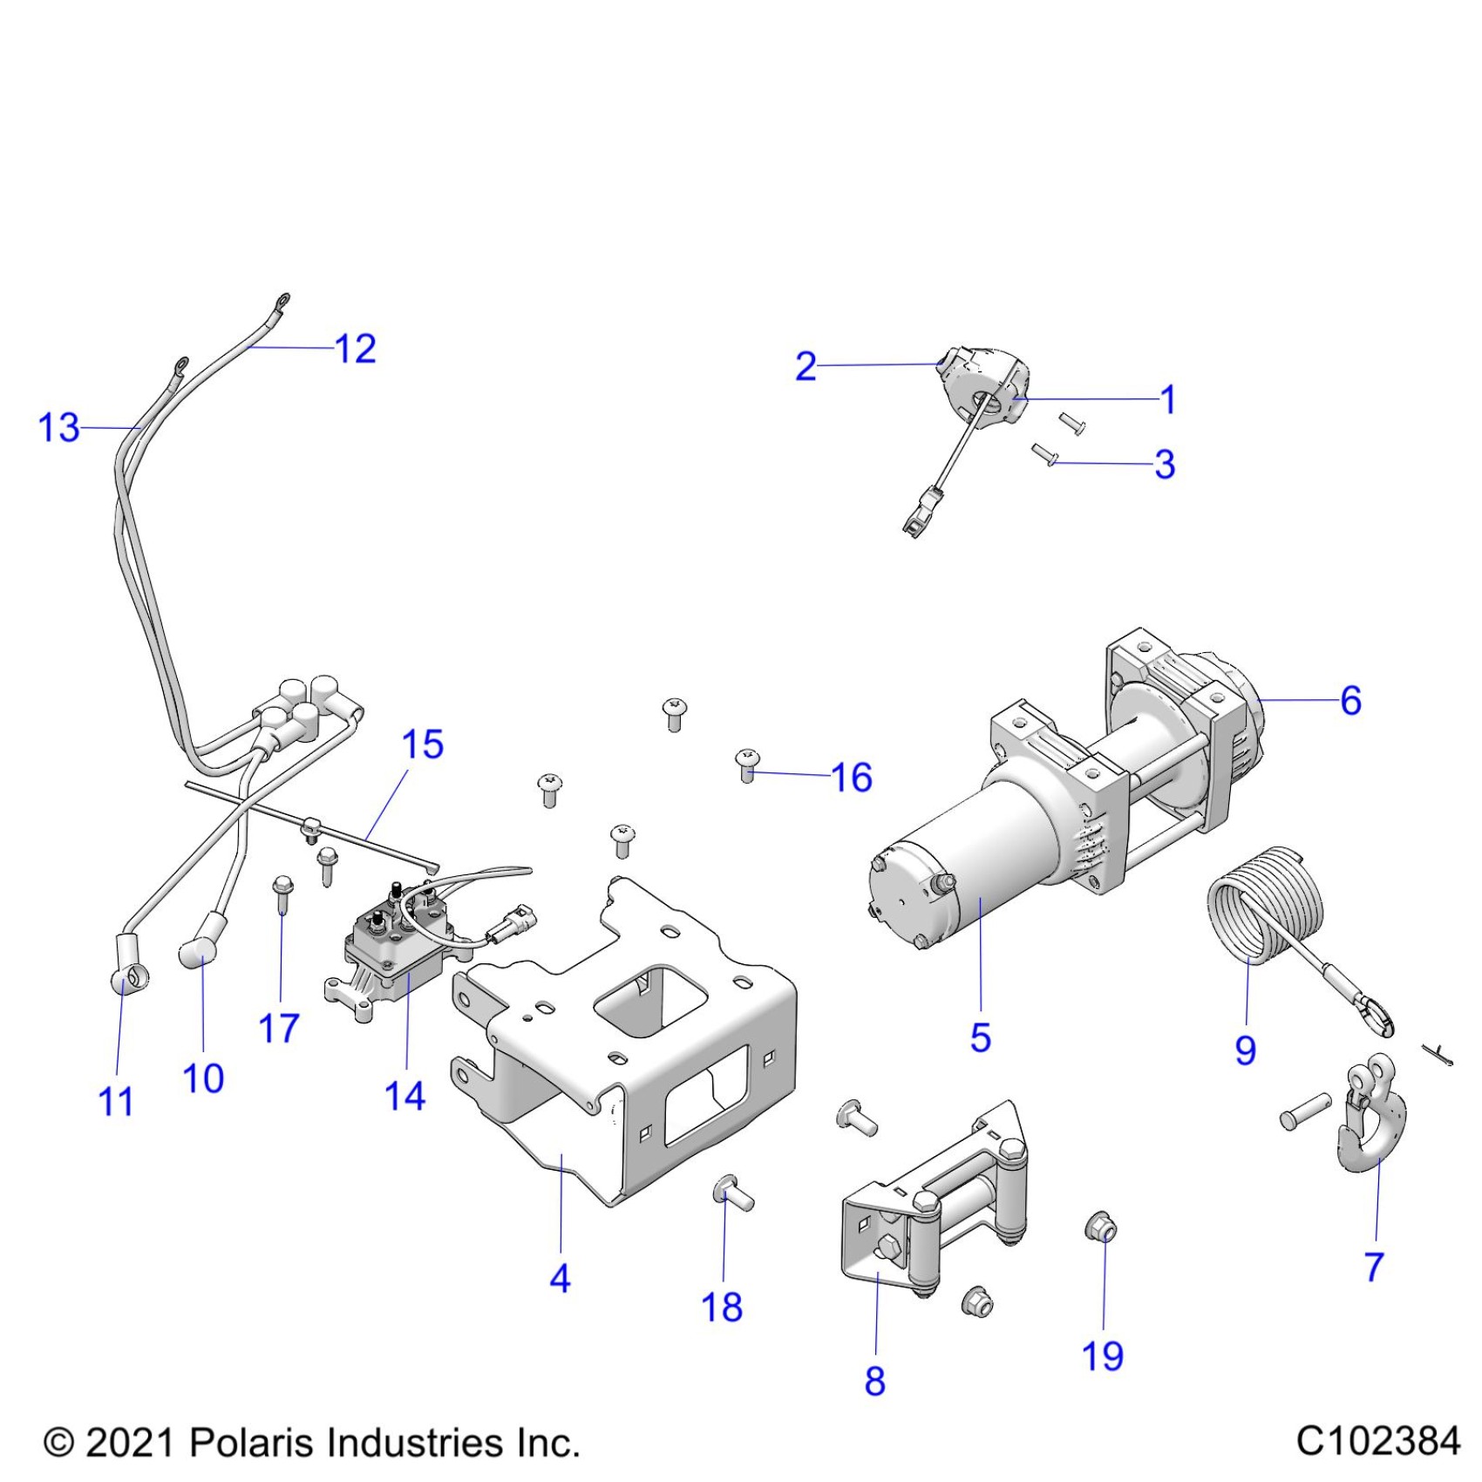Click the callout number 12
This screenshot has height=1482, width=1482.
click(x=356, y=350)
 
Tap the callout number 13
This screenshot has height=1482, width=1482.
click(x=59, y=428)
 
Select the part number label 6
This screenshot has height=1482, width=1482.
click(x=1350, y=701)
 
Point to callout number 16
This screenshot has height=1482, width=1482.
click(x=852, y=778)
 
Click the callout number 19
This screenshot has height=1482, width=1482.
click(x=1103, y=1356)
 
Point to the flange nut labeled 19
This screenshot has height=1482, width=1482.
click(x=1101, y=1229)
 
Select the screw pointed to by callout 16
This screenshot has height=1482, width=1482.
click(x=748, y=765)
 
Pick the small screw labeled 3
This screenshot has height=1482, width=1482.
click(x=1044, y=454)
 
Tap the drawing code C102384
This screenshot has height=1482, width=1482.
click(x=1377, y=1441)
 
